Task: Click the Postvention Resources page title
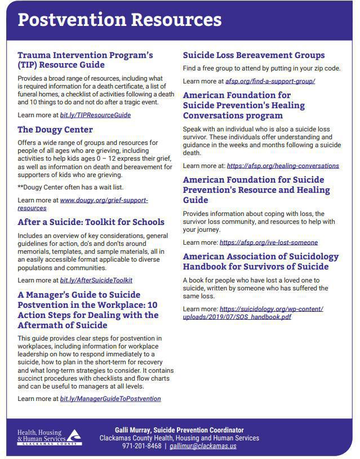[119, 20]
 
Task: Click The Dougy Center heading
[55, 130]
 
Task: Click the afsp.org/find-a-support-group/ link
[270, 81]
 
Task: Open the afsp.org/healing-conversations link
[283, 166]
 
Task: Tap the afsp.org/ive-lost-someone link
[268, 242]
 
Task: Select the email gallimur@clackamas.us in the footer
[203, 446]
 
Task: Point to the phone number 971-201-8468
[141, 446]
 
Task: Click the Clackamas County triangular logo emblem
[74, 434]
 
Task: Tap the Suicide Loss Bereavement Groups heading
[254, 55]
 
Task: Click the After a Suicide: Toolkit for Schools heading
[91, 222]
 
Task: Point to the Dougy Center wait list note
[70, 187]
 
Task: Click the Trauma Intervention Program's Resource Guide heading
[85, 60]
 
